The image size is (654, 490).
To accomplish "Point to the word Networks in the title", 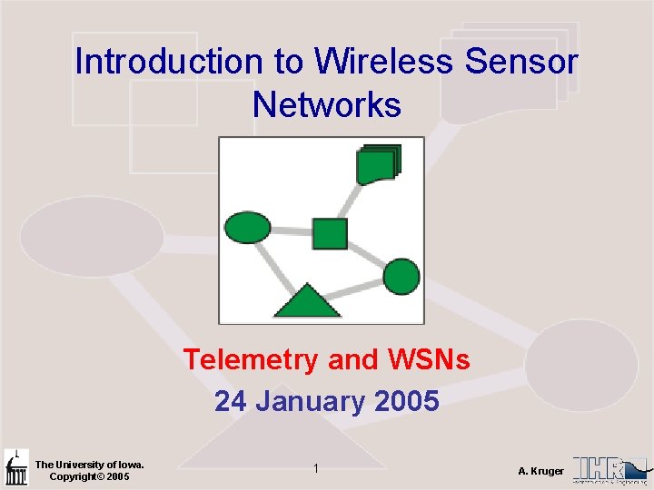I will [x=327, y=105].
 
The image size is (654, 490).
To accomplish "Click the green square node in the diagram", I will [x=330, y=233].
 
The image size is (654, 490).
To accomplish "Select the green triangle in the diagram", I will [x=307, y=300].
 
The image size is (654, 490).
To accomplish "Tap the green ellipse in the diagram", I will [x=247, y=227].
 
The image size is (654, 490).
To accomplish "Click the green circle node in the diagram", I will [x=401, y=277].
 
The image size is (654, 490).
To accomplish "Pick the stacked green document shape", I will [x=377, y=164].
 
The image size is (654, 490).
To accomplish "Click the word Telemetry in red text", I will [x=252, y=360].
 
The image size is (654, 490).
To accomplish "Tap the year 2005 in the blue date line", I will [x=406, y=400].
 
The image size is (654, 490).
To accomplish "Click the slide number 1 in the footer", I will [x=315, y=468].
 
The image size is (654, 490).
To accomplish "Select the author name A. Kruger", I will [x=540, y=471].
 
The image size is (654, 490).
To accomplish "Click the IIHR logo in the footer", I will [x=610, y=469].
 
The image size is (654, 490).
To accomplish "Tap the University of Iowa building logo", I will [x=16, y=469].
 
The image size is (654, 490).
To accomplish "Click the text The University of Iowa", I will [x=89, y=465].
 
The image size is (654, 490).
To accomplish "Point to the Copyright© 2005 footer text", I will [x=89, y=476].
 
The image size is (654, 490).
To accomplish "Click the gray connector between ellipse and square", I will [x=291, y=230].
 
